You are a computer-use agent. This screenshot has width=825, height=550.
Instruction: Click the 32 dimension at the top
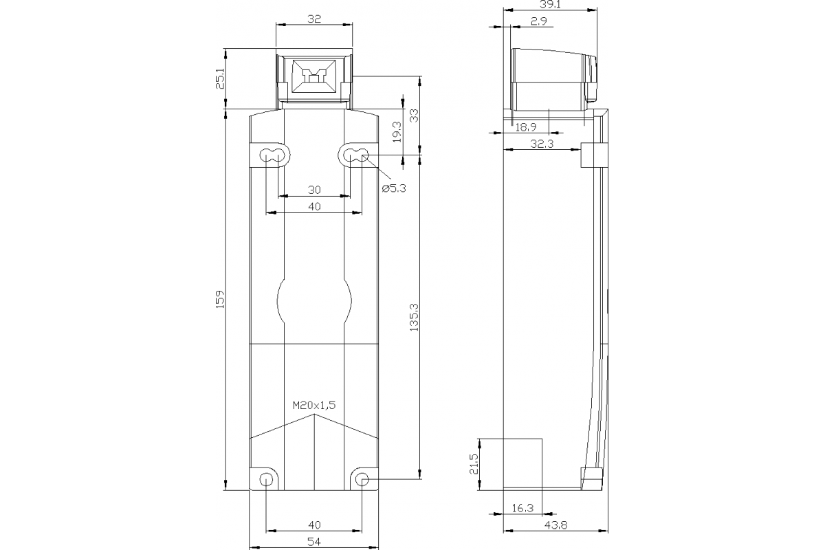[x=314, y=20]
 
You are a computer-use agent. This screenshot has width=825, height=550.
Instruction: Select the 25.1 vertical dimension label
[x=220, y=79]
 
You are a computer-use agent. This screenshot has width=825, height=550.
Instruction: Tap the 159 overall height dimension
[x=220, y=300]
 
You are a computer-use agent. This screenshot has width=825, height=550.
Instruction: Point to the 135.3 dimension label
[x=413, y=318]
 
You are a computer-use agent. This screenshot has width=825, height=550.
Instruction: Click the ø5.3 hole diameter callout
[x=394, y=188]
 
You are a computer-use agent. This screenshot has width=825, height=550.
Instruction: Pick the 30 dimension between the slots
[x=314, y=189]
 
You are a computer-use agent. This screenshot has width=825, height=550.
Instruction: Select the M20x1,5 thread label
[x=314, y=406]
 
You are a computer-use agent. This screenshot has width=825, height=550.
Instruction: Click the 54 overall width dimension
[x=314, y=542]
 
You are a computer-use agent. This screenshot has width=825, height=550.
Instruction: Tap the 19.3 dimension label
[x=396, y=131]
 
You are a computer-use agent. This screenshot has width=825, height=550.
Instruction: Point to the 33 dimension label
[x=413, y=115]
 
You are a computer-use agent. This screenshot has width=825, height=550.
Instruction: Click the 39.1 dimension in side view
[x=549, y=4]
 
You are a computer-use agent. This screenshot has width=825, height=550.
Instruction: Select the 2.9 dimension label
[x=538, y=22]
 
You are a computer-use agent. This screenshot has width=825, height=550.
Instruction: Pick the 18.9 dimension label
[x=526, y=126]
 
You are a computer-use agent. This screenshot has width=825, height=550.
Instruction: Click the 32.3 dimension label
[x=542, y=144]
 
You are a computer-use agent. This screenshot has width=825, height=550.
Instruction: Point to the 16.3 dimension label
[x=522, y=508]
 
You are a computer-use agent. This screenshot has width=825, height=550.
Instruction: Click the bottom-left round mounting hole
[x=265, y=479]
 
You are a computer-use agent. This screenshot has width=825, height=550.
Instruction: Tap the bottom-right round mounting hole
[x=362, y=479]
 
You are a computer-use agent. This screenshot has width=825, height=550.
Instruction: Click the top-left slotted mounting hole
[x=273, y=156]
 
